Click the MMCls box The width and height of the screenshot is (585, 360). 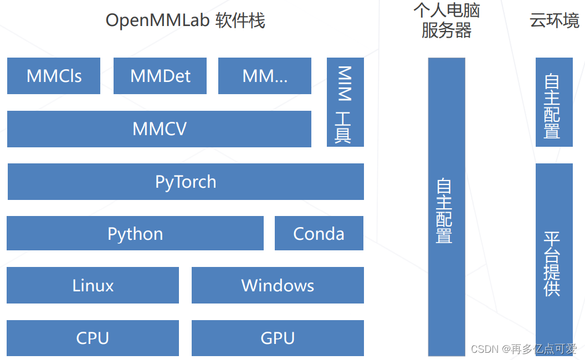tap(54, 76)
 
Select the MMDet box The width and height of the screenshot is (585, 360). tap(160, 76)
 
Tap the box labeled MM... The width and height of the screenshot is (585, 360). tap(265, 76)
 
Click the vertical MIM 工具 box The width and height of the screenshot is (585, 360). tap(345, 102)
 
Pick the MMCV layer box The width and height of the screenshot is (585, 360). tap(159, 129)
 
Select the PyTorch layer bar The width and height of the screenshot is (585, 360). tap(186, 182)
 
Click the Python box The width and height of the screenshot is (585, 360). tap(135, 234)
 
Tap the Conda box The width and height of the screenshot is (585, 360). tap(319, 234)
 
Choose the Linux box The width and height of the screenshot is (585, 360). tap(93, 286)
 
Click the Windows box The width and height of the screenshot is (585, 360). tap(278, 286)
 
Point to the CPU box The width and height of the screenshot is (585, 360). tap(93, 338)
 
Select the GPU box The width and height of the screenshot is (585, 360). tap(278, 338)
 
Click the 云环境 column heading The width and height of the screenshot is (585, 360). tap(554, 21)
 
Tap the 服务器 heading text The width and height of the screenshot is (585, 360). tap(447, 30)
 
